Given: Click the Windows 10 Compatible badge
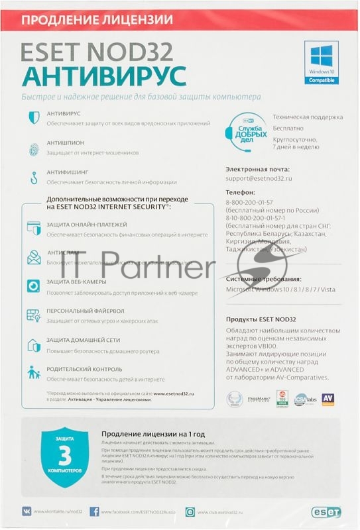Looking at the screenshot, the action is [320, 62].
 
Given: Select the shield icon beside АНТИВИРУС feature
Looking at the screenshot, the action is [34, 117].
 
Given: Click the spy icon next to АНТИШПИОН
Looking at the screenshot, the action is [34, 146].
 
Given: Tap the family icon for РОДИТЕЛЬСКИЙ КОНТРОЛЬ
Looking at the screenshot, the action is [34, 372].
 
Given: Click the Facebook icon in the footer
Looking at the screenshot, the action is [94, 512].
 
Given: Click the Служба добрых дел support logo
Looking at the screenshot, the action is [249, 127].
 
